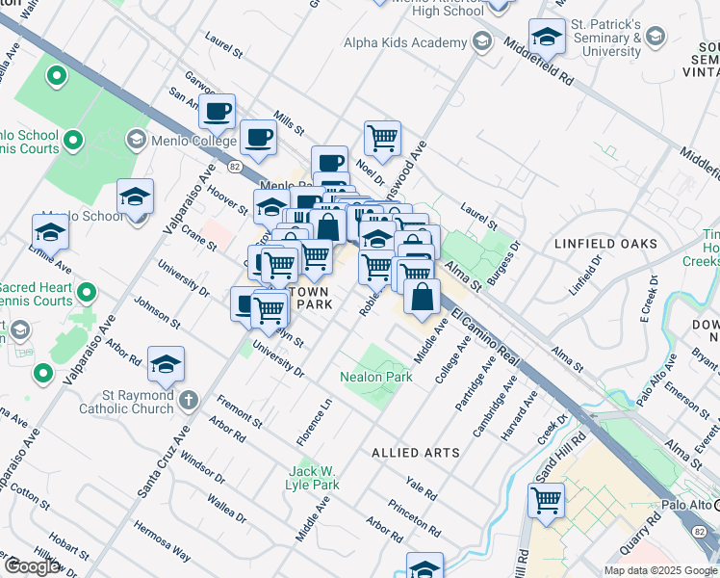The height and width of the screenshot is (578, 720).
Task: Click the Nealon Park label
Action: tap(376, 377)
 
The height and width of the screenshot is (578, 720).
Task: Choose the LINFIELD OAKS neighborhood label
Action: tap(605, 245)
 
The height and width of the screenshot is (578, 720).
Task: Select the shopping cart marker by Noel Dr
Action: tap(382, 139)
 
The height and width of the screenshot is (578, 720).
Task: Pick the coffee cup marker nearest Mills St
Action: tap(258, 139)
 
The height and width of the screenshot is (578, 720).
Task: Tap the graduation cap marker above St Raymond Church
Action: tap(167, 365)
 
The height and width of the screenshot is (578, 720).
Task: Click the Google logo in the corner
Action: tap(32, 566)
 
